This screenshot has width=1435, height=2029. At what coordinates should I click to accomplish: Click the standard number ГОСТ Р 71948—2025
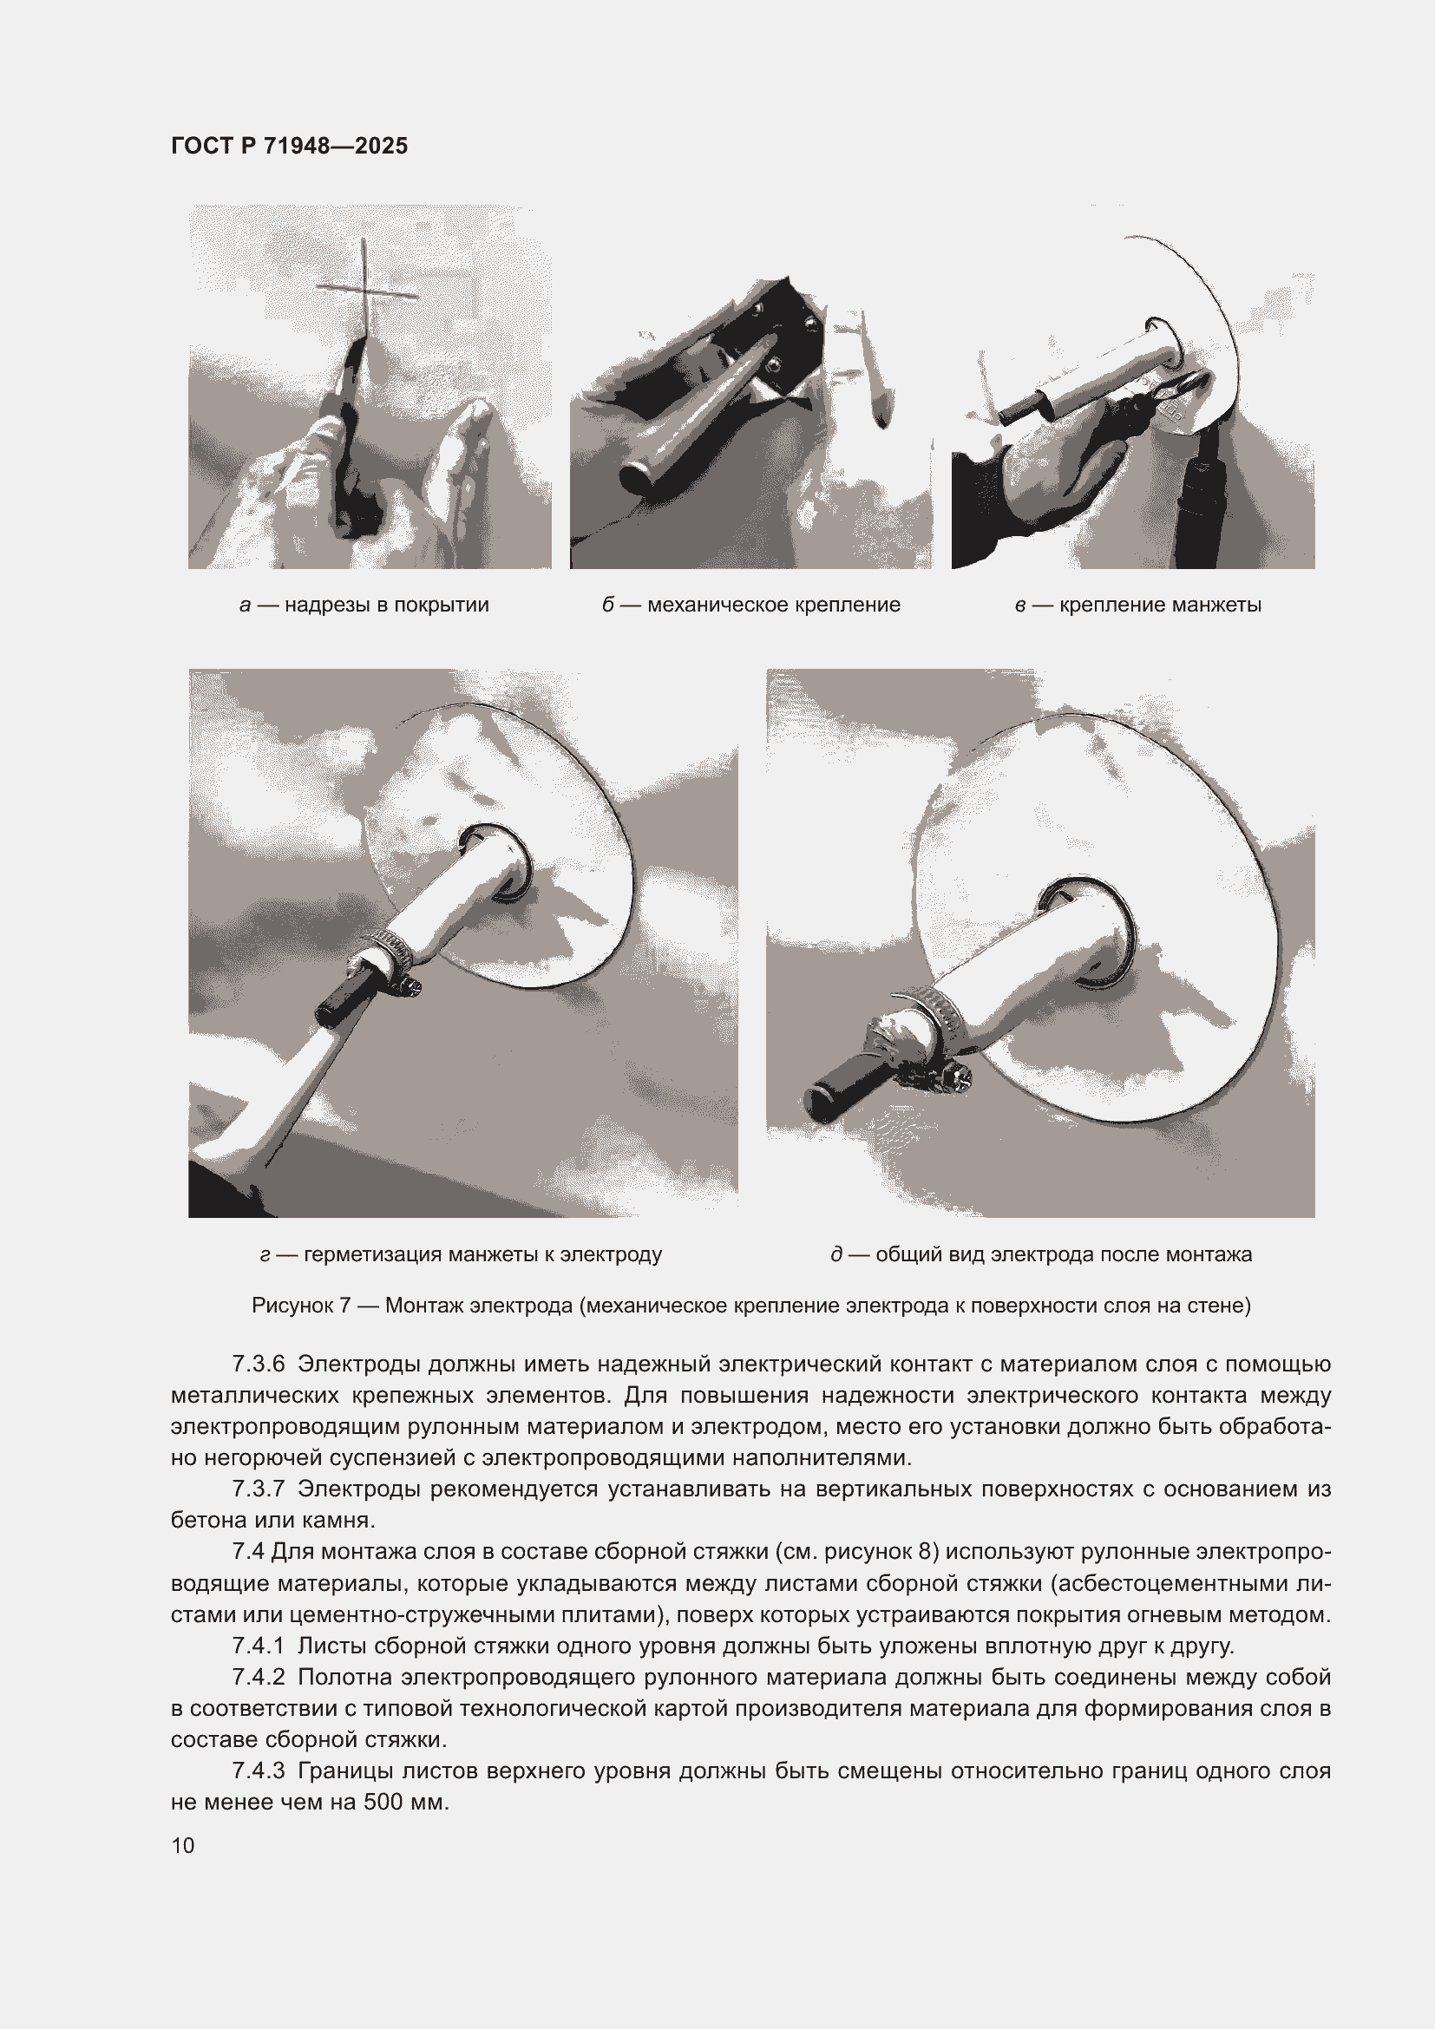tap(289, 146)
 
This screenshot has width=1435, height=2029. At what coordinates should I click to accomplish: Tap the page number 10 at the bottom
tap(183, 1845)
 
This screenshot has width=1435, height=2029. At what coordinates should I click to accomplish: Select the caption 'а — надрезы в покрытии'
tap(364, 605)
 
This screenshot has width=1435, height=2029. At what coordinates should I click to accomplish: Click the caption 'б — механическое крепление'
tap(751, 605)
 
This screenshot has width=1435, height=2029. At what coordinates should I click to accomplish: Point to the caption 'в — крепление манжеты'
tap(1138, 605)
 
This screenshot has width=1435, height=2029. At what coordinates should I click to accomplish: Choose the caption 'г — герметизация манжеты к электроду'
tap(462, 1254)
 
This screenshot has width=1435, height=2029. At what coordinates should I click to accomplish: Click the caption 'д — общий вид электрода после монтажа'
tap(1041, 1254)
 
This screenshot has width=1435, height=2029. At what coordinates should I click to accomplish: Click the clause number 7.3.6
tap(258, 1364)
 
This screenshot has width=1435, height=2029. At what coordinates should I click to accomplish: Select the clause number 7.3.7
tap(258, 1489)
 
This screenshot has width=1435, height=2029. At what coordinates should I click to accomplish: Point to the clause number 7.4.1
tap(258, 1646)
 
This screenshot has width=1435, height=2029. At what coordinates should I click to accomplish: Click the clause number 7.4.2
tap(258, 1677)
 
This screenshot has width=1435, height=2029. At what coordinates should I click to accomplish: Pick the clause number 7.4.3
tap(258, 1771)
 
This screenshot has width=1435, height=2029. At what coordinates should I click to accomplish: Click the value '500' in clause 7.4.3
tap(382, 1802)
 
